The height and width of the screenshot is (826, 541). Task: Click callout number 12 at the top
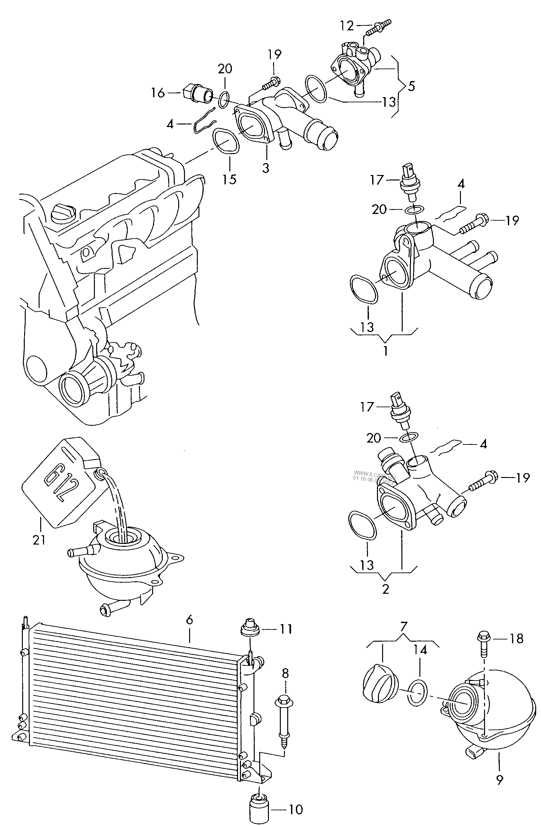point(347,25)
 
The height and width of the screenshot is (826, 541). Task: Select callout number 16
point(158,93)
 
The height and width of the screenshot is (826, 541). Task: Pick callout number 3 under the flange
point(265,168)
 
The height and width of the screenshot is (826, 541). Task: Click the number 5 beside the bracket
point(411,86)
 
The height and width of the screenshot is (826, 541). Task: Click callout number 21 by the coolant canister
point(39,540)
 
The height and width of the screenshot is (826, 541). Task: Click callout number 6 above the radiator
point(189,619)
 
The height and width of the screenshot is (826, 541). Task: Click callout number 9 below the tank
point(500,779)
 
